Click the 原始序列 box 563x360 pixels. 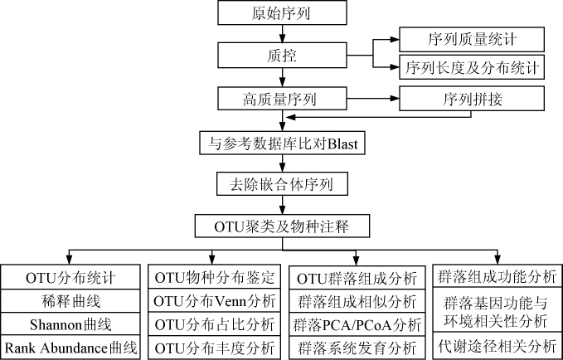(283, 13)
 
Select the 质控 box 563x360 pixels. (283, 56)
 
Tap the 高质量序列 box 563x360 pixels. (283, 100)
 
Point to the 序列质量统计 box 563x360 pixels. (472, 38)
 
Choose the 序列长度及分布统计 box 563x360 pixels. (472, 67)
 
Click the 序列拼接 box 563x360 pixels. (472, 100)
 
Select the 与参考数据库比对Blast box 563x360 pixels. (283, 142)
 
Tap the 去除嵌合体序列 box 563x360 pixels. (283, 182)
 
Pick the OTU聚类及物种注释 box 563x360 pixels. (283, 225)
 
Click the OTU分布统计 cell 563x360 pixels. (72, 275)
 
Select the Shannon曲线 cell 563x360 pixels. (72, 323)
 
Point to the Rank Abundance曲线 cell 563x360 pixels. (72, 347)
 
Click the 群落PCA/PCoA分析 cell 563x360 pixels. (357, 323)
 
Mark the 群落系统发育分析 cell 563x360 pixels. (357, 347)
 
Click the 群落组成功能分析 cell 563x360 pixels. (498, 275)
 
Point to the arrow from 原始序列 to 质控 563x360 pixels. (283, 34)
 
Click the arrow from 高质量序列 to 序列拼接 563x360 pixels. (373, 100)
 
